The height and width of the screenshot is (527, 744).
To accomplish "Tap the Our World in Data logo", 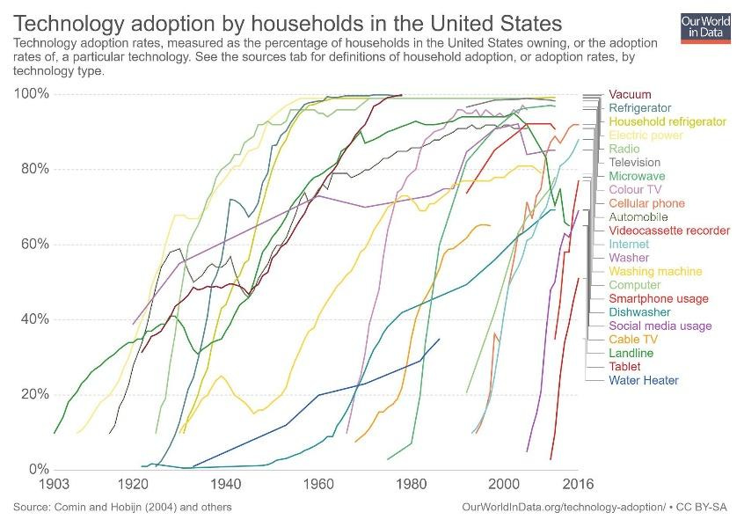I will click(x=706, y=27).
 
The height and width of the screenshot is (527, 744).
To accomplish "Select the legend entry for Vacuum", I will click(x=630, y=95).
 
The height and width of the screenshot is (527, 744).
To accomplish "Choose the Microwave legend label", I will click(x=638, y=176).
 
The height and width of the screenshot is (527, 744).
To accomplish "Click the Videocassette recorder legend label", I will click(x=669, y=231).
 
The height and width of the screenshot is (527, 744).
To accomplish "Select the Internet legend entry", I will click(x=629, y=245).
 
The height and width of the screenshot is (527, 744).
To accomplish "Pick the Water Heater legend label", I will click(x=644, y=381).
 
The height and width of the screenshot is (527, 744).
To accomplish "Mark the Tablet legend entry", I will click(x=624, y=367).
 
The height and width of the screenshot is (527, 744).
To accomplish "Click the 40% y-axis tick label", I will click(x=34, y=319).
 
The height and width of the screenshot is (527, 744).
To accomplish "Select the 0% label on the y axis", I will click(x=38, y=469).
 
